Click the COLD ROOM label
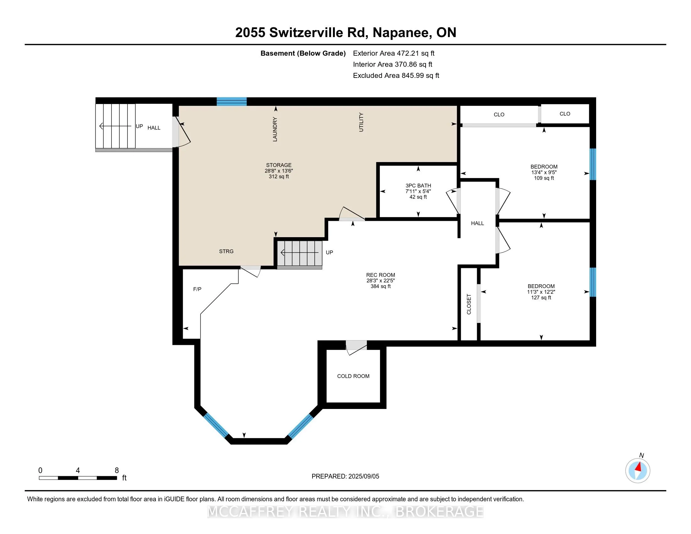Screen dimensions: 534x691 click(x=353, y=376)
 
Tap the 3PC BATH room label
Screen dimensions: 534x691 click(x=418, y=186)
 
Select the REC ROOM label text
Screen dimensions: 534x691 click(x=380, y=275)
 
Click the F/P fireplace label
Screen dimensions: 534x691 click(x=197, y=289)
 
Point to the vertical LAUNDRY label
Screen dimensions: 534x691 click(x=275, y=129)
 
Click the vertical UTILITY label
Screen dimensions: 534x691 click(x=361, y=122)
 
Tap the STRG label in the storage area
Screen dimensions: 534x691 click(x=226, y=252)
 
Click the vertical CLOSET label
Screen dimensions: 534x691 click(x=469, y=304)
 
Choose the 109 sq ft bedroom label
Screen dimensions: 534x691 click(x=544, y=172)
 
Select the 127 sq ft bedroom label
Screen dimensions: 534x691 click(x=541, y=292)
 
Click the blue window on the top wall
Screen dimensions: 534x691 click(x=231, y=101)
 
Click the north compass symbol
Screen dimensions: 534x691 click(x=638, y=471)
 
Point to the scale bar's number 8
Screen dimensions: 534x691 click(x=117, y=471)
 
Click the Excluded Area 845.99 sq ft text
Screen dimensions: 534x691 click(x=396, y=76)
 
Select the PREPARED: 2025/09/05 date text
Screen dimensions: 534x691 click(x=345, y=477)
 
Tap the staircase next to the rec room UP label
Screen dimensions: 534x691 click(x=300, y=253)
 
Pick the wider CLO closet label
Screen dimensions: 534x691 click(x=499, y=115)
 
